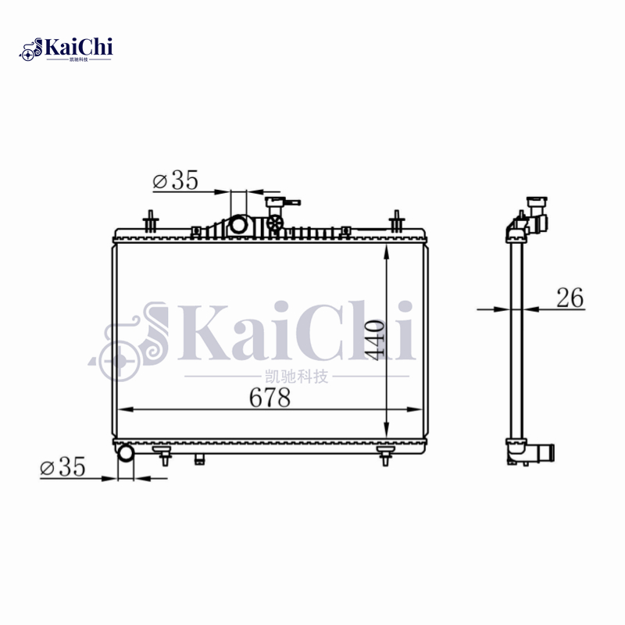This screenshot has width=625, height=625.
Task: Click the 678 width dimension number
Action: click(x=270, y=398)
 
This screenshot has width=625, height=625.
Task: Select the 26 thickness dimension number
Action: click(x=570, y=298)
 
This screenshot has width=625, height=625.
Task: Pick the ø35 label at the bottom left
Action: click(x=62, y=468)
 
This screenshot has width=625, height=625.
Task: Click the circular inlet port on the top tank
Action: click(x=238, y=226)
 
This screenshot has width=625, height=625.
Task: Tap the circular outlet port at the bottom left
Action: click(x=125, y=452)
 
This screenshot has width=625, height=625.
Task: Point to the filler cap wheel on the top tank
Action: click(x=275, y=225)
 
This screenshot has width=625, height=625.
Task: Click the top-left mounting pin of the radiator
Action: click(x=149, y=221)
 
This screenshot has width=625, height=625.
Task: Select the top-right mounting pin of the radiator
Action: click(x=397, y=221)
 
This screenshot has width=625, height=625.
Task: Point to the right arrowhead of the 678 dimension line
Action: click(x=421, y=409)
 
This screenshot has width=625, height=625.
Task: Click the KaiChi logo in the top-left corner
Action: click(x=66, y=48)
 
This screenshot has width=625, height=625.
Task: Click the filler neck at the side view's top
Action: click(x=536, y=206)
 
